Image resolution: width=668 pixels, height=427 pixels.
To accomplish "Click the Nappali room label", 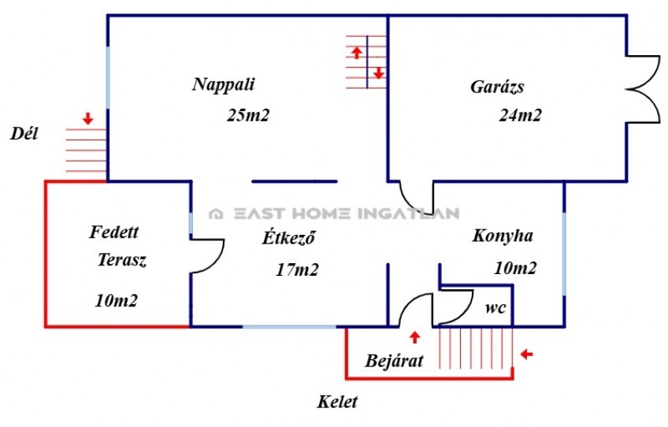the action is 224,84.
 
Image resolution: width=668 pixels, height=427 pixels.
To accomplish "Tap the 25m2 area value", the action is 248,115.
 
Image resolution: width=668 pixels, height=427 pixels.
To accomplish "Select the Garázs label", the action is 497,87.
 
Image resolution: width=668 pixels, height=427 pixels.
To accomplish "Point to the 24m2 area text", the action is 520,115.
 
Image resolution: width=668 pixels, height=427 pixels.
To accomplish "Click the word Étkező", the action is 288,237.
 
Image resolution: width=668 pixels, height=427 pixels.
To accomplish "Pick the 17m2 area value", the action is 297,269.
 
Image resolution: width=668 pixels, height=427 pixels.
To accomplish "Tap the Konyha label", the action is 503,236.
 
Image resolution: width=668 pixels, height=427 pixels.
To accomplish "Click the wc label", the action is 495,307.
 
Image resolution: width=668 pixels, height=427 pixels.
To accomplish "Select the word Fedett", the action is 113,232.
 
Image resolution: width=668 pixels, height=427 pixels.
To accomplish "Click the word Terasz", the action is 122,259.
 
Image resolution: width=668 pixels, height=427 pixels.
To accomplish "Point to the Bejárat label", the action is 394,361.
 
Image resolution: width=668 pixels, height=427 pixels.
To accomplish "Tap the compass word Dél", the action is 24,134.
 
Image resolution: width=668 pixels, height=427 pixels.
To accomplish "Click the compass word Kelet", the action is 337,402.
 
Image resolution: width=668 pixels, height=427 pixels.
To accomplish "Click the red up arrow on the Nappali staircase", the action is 357,53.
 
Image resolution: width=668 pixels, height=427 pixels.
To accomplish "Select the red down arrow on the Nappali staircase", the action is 379,72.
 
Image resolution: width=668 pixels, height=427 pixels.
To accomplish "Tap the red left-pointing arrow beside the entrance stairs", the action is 526,355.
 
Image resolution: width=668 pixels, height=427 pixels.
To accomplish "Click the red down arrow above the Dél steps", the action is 87,118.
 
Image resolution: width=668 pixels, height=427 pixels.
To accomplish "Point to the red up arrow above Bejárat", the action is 414,337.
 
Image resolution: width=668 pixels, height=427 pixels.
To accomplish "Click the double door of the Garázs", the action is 644,90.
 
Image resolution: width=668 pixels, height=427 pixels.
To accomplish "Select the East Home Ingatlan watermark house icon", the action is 216,213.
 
